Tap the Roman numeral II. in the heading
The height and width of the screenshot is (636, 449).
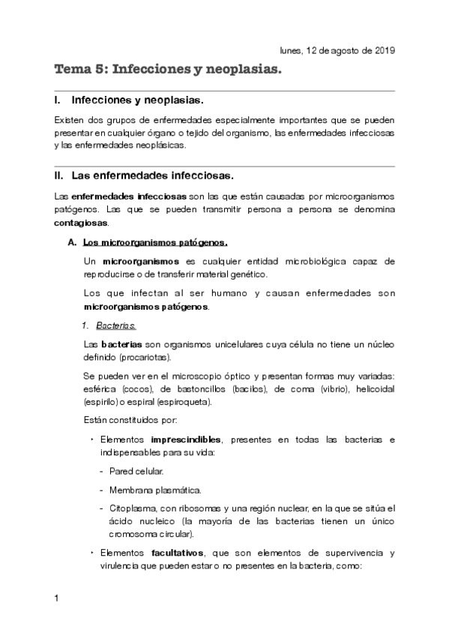coord(60,176)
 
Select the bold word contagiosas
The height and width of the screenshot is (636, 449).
coord(80,223)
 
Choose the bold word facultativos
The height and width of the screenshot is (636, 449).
coord(179,553)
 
